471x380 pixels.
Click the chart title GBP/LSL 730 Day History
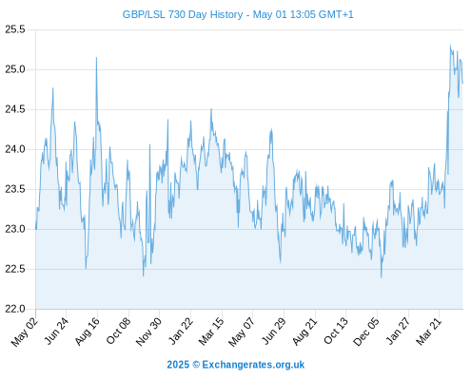(183, 14)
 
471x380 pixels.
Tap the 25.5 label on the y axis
(15, 29)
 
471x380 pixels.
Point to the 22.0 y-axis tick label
(15, 309)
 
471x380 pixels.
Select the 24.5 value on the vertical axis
(15, 109)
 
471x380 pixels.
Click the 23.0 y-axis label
(15, 229)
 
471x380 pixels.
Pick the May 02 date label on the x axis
(24, 332)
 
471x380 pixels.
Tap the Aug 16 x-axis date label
(87, 332)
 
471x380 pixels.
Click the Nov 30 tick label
(148, 332)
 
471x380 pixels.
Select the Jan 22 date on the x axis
(180, 332)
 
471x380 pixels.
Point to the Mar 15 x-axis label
(211, 332)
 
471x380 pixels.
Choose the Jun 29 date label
(273, 332)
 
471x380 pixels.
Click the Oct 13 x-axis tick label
(336, 332)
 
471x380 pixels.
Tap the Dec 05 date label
(366, 332)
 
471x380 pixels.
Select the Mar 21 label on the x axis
(428, 332)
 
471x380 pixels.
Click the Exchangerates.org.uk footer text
(253, 365)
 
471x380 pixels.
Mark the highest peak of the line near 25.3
(450, 45)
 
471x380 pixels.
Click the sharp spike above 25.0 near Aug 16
(96, 58)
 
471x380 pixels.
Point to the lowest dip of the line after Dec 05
(381, 277)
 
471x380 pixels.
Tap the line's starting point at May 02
(36, 229)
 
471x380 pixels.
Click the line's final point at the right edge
(462, 83)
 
